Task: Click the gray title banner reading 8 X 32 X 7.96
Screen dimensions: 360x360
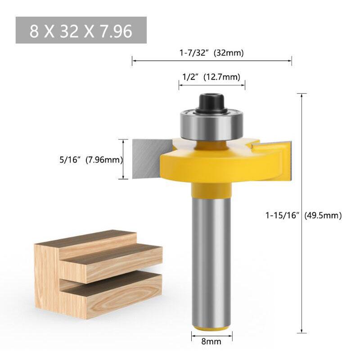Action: pos(81,30)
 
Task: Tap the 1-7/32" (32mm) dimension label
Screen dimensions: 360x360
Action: pos(211,53)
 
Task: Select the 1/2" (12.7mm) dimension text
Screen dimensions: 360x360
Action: pos(211,76)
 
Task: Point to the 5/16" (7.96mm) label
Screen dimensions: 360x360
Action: pos(91,160)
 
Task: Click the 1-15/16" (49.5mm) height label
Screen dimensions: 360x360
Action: pos(303,216)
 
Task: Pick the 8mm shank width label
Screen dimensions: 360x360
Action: pos(211,342)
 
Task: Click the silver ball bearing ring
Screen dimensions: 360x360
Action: pos(211,125)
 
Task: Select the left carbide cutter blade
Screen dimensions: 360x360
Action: pos(152,159)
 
